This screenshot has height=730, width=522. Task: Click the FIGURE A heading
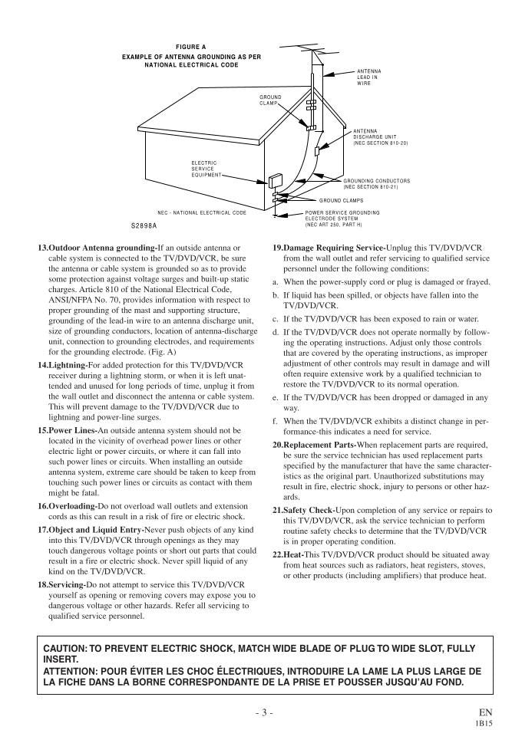tap(190, 47)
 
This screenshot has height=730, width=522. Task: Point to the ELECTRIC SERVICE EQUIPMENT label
tap(204, 169)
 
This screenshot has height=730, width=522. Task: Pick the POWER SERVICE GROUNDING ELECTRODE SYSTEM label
tap(342, 218)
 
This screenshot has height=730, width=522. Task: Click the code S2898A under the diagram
tap(144, 227)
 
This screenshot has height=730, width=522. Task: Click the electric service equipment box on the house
tap(274, 181)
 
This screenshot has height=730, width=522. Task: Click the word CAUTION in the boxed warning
tap(66, 649)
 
